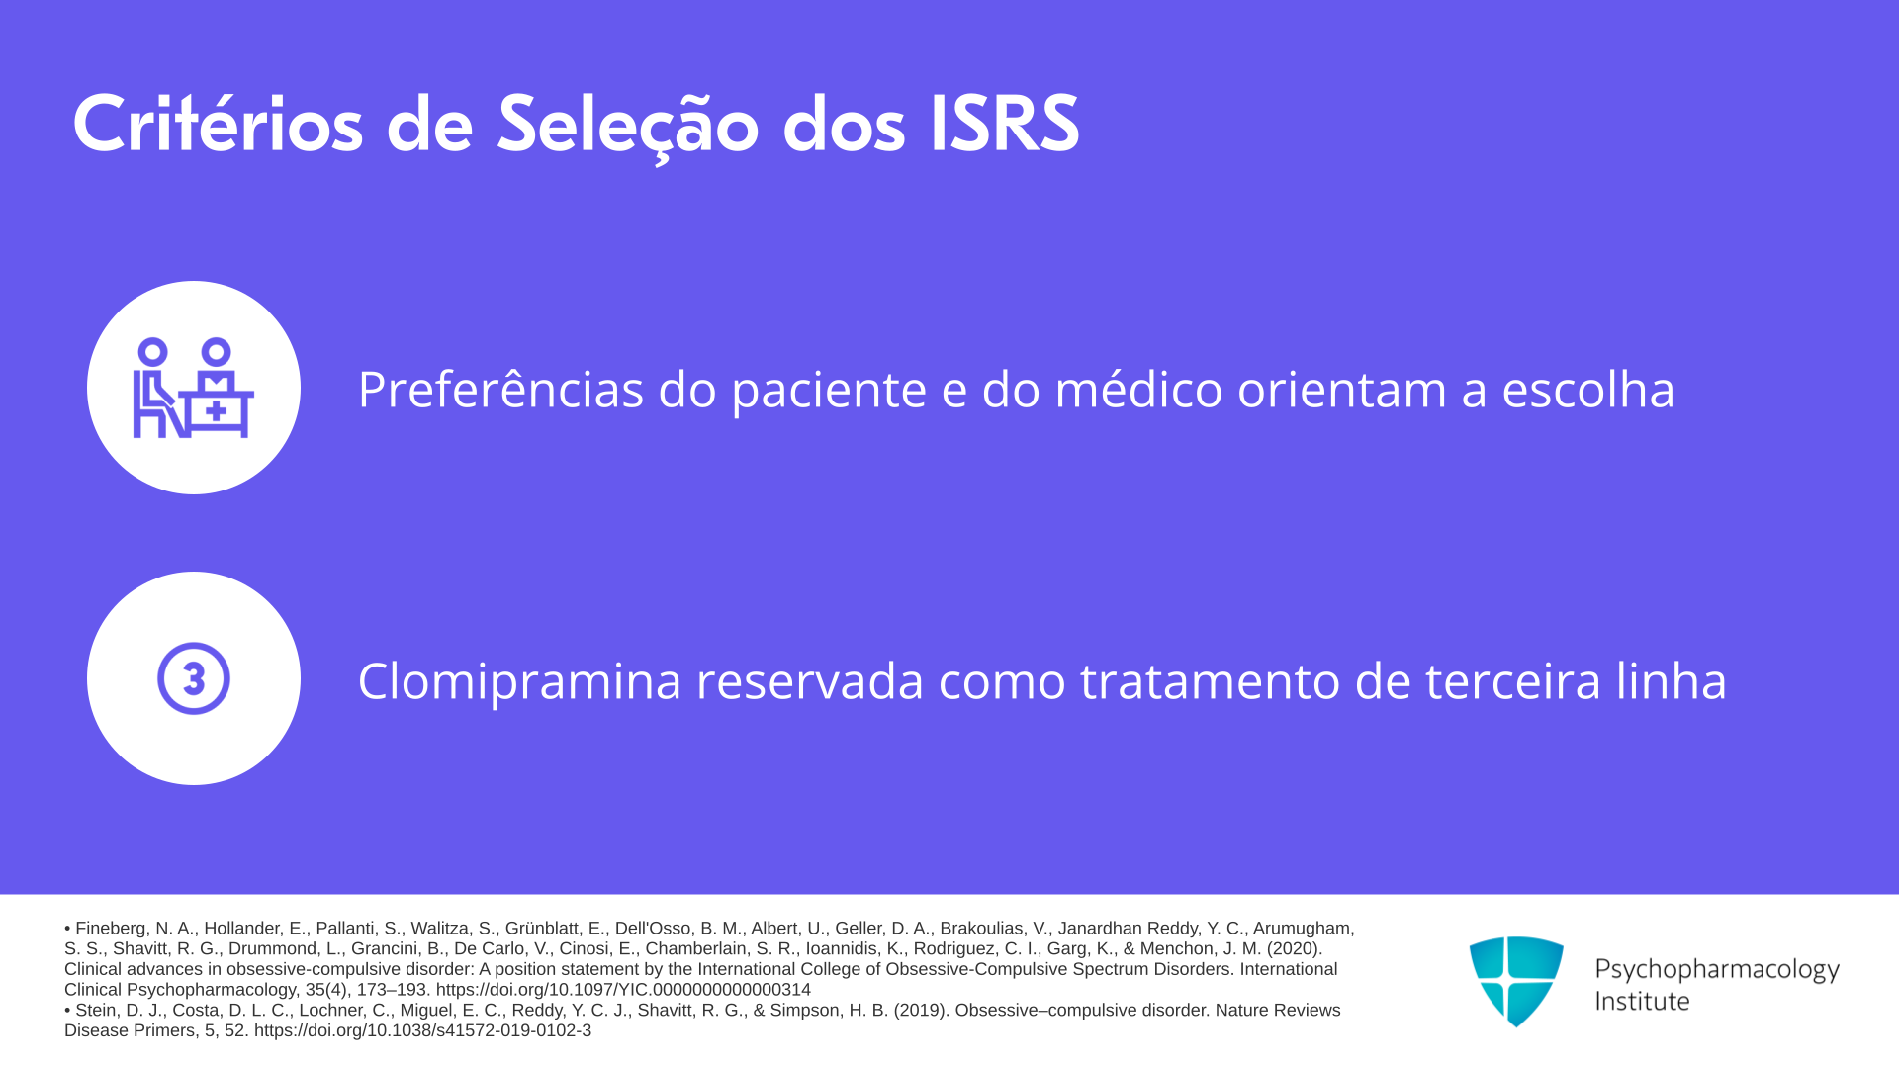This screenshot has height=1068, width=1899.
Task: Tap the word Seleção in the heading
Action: [x=627, y=127]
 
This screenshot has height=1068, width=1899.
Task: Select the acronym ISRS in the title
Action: [x=1004, y=125]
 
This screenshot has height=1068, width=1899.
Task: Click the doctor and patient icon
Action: [x=194, y=388]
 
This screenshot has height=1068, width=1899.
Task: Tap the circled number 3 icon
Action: [x=194, y=678]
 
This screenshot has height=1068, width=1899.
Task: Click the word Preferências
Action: [x=501, y=389]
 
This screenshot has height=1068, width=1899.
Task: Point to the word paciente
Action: [x=829, y=392]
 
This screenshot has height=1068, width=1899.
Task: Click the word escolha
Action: [x=1588, y=389]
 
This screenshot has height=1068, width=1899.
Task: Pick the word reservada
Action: [x=810, y=680]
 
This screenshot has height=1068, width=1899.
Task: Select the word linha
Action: [x=1672, y=680]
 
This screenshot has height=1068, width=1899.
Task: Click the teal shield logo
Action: [x=1516, y=981]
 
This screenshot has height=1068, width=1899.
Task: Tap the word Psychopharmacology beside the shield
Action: [x=1717, y=970]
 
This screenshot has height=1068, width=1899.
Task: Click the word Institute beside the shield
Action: [x=1642, y=1002]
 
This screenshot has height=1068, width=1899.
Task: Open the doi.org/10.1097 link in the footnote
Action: [x=623, y=990]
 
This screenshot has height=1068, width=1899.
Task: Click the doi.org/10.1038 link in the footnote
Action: [x=422, y=1030]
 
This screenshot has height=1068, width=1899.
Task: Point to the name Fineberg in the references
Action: [x=112, y=929]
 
